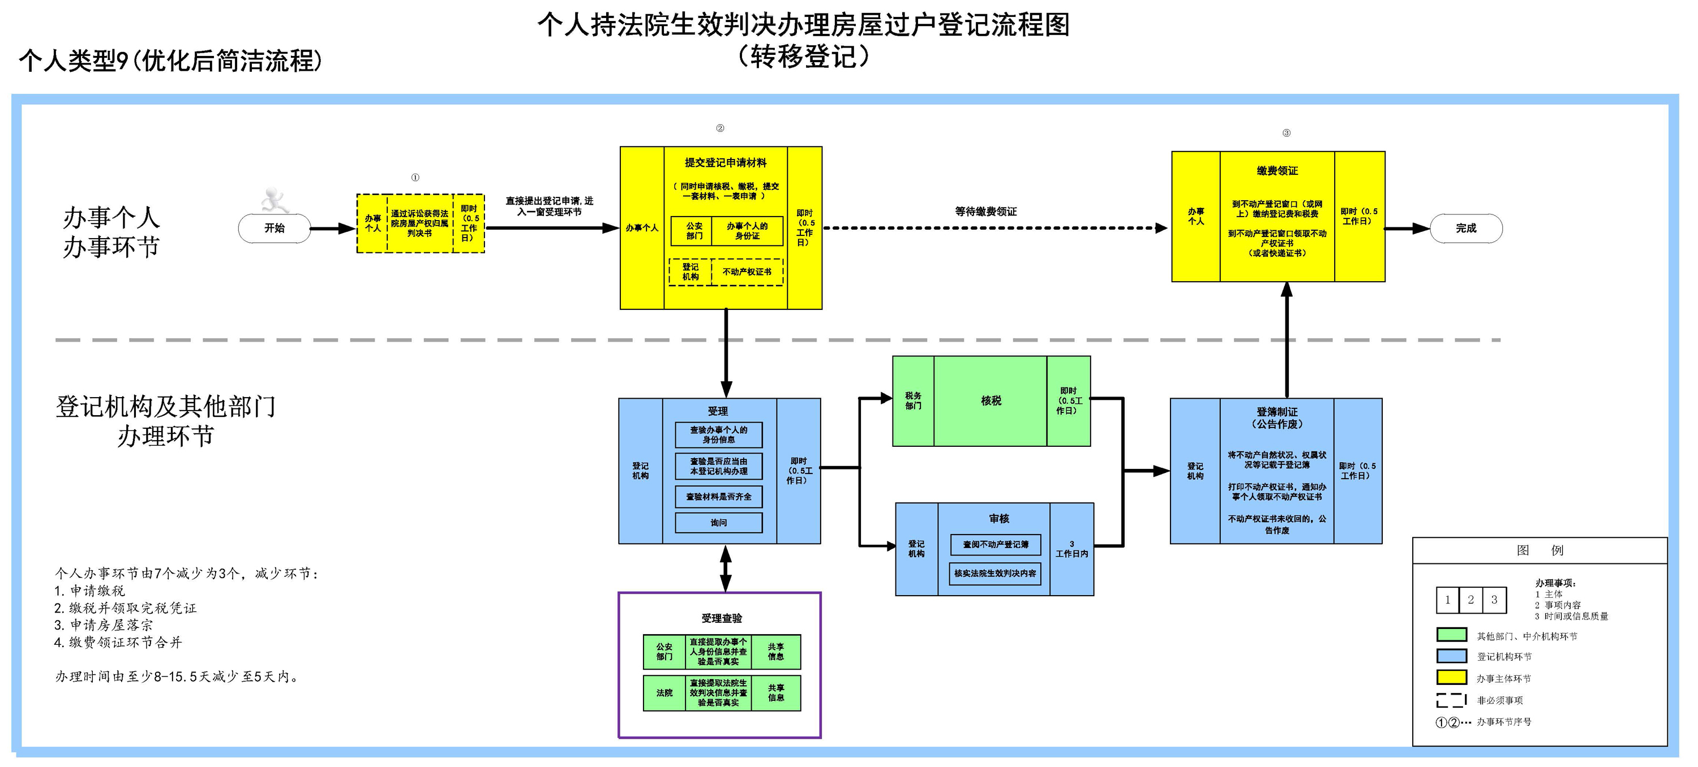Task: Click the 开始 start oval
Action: click(x=274, y=228)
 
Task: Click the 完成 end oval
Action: click(x=1465, y=228)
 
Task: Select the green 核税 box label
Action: click(x=990, y=400)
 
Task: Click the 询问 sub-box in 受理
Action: click(x=718, y=523)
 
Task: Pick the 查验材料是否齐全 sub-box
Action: click(x=718, y=497)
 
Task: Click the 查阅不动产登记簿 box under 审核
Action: click(x=996, y=545)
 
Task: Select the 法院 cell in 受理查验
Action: click(x=664, y=692)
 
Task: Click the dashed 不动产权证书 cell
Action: click(x=747, y=272)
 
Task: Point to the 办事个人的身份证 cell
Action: click(x=747, y=231)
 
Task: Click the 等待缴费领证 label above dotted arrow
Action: click(x=985, y=212)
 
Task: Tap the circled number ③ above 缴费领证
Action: click(x=1286, y=133)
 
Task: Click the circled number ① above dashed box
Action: click(x=415, y=177)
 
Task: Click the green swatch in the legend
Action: click(x=1451, y=635)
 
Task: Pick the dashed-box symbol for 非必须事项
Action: click(x=1451, y=700)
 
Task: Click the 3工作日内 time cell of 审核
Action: click(x=1072, y=549)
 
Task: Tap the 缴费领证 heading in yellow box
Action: click(x=1277, y=171)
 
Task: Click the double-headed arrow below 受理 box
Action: click(x=726, y=568)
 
